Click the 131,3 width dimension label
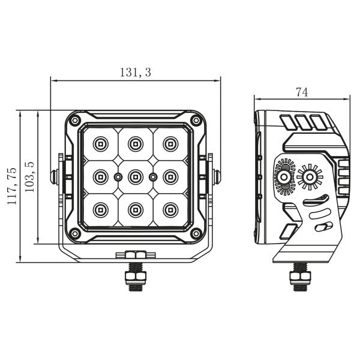pyautogui.click(x=136, y=73)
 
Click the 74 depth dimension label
pyautogui.click(x=302, y=92)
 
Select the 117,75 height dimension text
pyautogui.click(x=11, y=187)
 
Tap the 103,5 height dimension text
pyautogui.click(x=28, y=177)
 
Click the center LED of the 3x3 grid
pyautogui.click(x=135, y=176)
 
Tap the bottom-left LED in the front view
pyautogui.click(x=100, y=210)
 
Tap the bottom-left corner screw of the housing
pyautogui.click(x=75, y=233)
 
